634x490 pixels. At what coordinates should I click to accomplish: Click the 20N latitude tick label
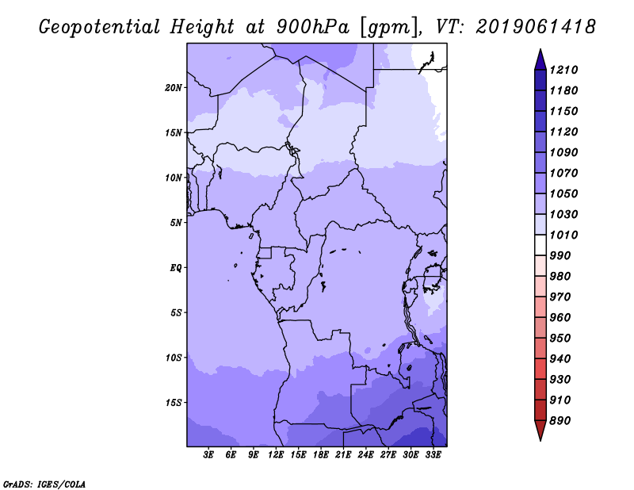[x=174, y=87]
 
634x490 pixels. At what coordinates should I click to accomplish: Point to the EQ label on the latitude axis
[x=176, y=267]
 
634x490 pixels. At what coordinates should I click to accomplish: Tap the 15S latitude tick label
[x=174, y=402]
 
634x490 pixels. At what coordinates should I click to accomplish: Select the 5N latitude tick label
[x=176, y=222]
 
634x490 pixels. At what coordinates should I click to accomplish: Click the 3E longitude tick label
[x=209, y=455]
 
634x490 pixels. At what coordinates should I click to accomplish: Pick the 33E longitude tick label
[x=433, y=455]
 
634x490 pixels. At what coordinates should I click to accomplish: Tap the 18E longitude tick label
[x=321, y=455]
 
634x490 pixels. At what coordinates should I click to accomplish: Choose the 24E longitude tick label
[x=366, y=455]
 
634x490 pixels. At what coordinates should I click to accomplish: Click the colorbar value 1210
[x=566, y=70]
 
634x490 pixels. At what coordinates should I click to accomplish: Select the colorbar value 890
[x=563, y=420]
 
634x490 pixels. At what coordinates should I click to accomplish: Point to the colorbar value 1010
[x=566, y=235]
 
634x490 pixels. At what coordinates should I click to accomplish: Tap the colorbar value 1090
[x=566, y=152]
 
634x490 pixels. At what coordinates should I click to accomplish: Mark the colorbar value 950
[x=563, y=338]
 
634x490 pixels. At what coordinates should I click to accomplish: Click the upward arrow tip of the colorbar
[x=540, y=51]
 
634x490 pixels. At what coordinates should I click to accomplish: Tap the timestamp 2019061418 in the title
[x=536, y=27]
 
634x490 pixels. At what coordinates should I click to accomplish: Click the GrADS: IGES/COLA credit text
[x=44, y=483]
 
